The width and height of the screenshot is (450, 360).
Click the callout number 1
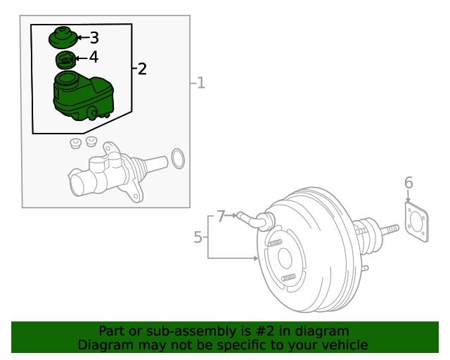[200, 84]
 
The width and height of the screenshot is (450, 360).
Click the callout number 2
[142, 69]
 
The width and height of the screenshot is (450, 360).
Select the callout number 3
[94, 38]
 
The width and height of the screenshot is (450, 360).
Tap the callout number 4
[94, 57]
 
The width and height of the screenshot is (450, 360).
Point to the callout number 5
[198, 238]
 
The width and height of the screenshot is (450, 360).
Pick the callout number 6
[409, 184]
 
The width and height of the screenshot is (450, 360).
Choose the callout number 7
[221, 216]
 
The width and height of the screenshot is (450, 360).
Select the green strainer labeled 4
[65, 60]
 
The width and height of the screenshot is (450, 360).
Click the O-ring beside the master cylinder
[178, 158]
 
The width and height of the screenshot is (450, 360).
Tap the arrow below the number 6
[409, 198]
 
